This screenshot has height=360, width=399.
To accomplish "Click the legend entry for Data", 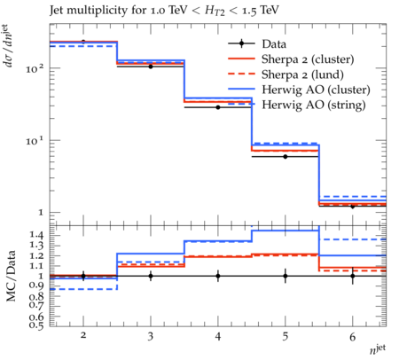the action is pos(274,44).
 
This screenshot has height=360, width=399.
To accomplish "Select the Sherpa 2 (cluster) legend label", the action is pos(308,59).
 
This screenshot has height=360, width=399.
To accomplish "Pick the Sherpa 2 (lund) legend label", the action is pos(302,74).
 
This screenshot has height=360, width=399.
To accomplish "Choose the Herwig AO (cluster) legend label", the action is pos(316,90).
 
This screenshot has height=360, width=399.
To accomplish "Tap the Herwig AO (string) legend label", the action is pos(314,105).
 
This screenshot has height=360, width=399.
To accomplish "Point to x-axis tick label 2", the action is pos(83,335).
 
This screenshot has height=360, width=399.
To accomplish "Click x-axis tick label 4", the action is pos(218,336).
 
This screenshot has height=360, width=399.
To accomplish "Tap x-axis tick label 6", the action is pos(353,336).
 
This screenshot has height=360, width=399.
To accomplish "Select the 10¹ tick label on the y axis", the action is pos(35,140).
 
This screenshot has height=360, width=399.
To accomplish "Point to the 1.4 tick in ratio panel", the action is pos(36,235).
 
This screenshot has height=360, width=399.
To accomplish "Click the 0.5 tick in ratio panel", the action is pos(36,325).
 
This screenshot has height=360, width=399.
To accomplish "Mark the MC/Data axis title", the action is pos(11,276).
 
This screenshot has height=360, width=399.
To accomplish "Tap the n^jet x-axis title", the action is pos(378,349).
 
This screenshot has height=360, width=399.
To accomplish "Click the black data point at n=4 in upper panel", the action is pos(218,107).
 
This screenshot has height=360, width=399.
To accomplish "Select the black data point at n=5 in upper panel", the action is pos(286,157).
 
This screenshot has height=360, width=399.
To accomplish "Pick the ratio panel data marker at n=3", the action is pos(151,276).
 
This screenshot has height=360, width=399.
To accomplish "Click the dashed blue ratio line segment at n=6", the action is pos(353,239).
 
